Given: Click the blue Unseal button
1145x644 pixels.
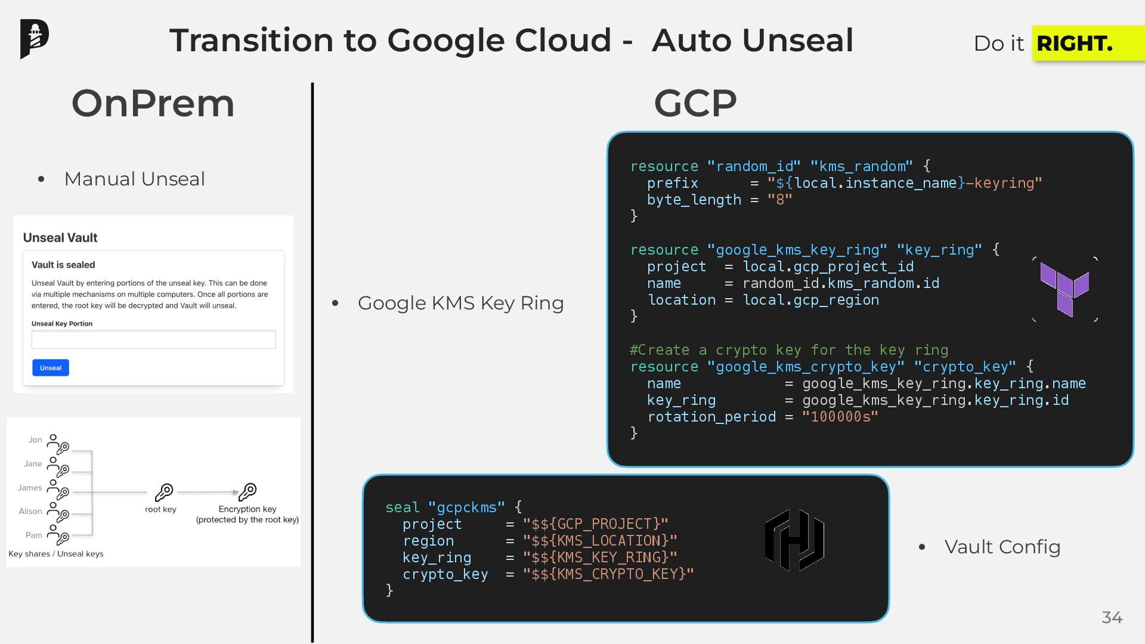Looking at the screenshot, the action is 51,368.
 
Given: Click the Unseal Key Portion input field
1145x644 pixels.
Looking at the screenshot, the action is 153,340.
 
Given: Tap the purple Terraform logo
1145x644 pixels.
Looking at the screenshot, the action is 1064,289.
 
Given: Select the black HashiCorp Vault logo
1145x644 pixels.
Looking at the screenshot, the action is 794,540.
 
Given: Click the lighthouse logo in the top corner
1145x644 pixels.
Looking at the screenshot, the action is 34,39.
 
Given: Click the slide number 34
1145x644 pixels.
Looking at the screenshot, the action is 1112,618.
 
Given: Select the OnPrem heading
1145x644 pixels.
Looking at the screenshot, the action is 153,103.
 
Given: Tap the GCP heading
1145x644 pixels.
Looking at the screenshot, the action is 695,103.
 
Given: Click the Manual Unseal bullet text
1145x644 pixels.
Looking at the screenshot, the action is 134,179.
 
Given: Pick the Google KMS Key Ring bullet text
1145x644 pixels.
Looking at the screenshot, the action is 460,303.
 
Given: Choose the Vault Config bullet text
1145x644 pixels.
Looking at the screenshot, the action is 1002,547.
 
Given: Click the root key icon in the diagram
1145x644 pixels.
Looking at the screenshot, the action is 164,493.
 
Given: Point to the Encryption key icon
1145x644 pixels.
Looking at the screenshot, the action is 247,492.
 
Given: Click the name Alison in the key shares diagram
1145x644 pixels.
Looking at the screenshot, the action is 30,511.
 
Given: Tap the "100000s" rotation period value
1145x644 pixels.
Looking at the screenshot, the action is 840,417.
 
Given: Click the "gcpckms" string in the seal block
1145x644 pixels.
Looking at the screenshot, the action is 466,507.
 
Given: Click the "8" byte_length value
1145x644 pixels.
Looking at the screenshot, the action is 779,200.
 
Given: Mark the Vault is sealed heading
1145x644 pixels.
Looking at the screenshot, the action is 63,265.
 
